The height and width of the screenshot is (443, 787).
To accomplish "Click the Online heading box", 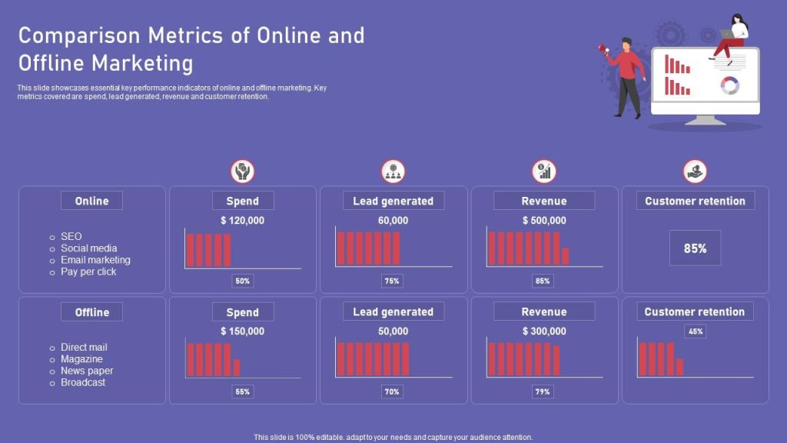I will [91, 201].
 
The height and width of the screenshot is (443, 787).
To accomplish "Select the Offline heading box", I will [91, 312].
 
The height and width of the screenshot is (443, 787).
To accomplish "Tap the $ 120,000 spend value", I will [242, 220].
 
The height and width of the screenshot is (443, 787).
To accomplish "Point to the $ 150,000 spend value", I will [242, 331].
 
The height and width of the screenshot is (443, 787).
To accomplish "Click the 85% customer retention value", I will [695, 248].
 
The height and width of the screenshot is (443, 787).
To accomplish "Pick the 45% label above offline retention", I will [695, 331].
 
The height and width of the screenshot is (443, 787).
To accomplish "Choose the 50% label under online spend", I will [243, 281].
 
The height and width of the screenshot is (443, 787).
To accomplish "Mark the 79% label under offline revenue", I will [543, 392].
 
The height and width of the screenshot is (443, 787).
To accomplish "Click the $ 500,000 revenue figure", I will [544, 220].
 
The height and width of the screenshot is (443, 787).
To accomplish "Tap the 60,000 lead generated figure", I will [393, 220].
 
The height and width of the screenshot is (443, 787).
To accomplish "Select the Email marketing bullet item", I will [95, 260].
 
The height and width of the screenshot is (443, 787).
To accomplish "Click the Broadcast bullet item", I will [83, 382].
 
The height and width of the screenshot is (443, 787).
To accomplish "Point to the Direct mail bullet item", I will [84, 347].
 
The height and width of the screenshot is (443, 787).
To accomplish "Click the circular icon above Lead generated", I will [393, 172].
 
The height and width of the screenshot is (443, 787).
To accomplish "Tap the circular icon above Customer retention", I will [695, 172].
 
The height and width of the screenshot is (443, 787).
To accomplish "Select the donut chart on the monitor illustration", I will [729, 85].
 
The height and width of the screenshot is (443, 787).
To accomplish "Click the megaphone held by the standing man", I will [603, 49].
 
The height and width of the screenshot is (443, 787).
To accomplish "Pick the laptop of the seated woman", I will [726, 34].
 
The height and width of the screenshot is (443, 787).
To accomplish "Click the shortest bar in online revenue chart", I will [566, 256].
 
